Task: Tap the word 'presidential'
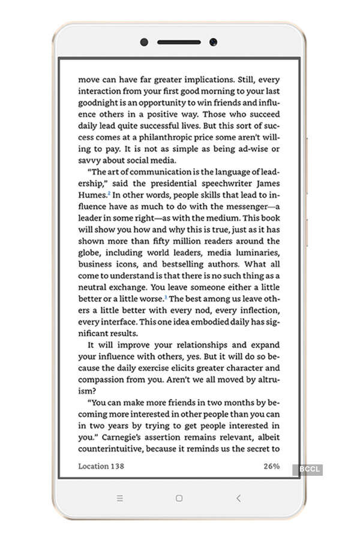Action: (167, 183)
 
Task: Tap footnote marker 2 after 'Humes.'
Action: (109, 193)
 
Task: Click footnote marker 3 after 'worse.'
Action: (166, 296)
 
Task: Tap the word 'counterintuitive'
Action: (115, 449)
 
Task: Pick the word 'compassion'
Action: (102, 379)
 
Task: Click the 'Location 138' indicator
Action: (101, 466)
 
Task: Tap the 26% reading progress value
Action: (271, 466)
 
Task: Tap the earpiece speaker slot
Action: (179, 42)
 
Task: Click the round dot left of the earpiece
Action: (145, 42)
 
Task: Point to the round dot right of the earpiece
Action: (213, 42)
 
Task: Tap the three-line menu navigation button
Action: (120, 498)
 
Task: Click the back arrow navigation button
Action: (238, 498)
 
